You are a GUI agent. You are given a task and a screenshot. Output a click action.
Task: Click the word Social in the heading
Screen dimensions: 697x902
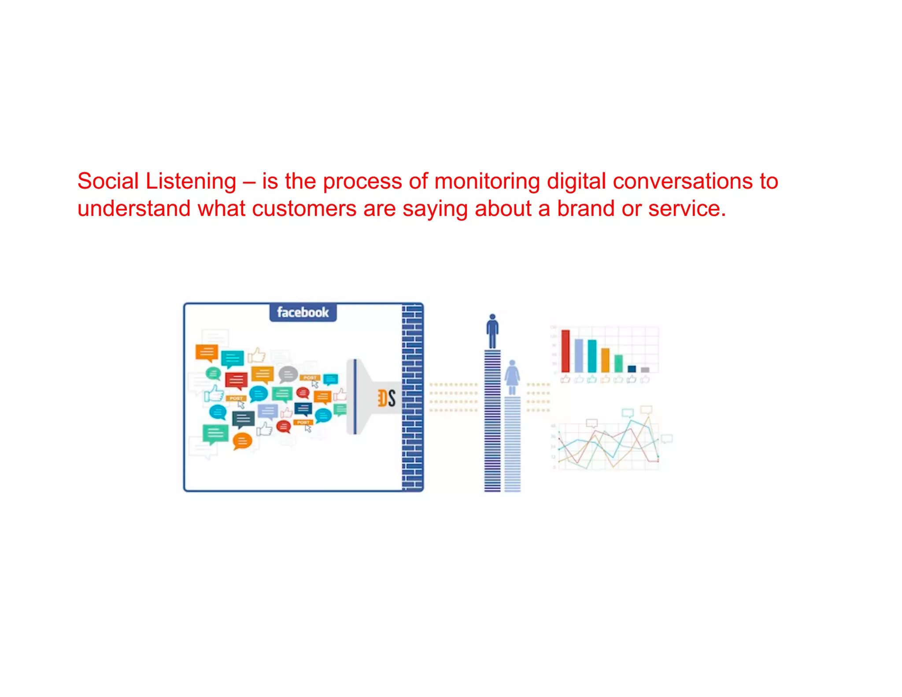[x=108, y=181]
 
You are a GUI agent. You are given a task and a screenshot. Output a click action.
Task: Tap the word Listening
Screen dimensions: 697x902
[x=191, y=181]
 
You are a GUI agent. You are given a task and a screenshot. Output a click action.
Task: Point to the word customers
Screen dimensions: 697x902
[x=304, y=208]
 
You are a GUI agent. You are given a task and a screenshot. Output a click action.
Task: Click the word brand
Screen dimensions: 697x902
[x=585, y=208]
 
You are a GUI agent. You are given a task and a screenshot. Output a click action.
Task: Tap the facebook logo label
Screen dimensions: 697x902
[x=303, y=312]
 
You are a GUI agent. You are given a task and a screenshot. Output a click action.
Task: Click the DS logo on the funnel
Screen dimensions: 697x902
[x=386, y=398]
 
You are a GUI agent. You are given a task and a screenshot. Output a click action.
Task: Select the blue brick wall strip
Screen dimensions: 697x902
[x=412, y=397]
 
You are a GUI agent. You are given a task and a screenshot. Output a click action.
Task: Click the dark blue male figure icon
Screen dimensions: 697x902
[x=492, y=331]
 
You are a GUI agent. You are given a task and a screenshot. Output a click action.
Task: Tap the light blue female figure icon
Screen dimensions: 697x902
[x=512, y=377]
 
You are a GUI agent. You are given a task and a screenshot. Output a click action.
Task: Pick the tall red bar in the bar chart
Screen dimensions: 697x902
[x=566, y=351]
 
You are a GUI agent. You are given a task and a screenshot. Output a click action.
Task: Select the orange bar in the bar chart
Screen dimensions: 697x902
[x=605, y=360]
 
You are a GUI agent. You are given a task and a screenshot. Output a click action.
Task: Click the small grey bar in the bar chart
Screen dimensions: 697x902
[x=645, y=370]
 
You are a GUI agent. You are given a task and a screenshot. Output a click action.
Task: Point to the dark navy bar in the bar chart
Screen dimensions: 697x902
[x=632, y=369]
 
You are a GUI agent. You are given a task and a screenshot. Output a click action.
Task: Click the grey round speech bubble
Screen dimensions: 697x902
[x=288, y=374]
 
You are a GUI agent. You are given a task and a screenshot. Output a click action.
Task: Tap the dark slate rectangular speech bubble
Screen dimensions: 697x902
[x=243, y=419]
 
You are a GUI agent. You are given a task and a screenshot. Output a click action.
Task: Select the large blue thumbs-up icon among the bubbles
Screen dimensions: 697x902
[x=214, y=393]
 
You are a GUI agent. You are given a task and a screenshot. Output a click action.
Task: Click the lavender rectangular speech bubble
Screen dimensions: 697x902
[x=268, y=412]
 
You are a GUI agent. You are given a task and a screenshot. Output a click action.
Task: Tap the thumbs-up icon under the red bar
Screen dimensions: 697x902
[x=566, y=379]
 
